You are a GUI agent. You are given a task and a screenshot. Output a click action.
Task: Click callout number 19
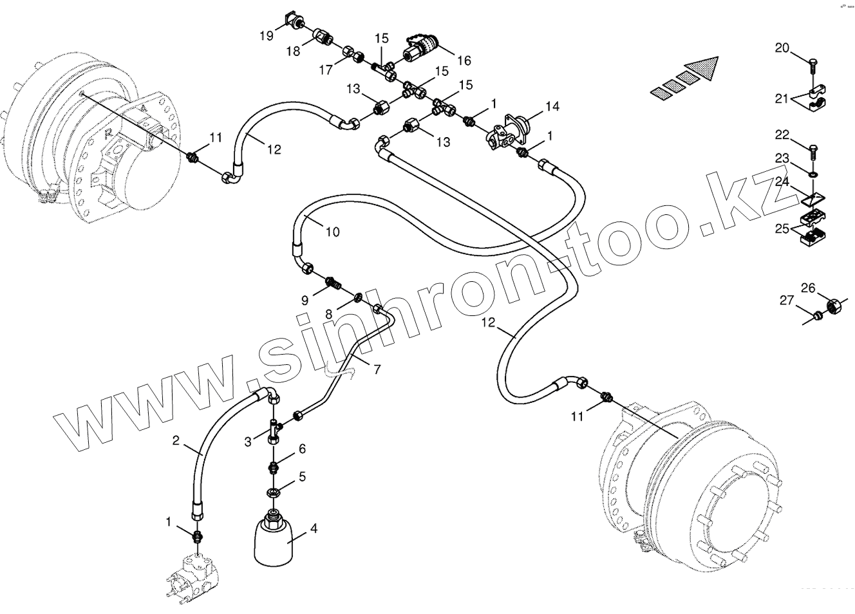(267, 36)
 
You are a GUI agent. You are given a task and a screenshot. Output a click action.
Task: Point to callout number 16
(464, 60)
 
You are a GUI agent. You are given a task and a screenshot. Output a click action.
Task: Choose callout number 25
(782, 228)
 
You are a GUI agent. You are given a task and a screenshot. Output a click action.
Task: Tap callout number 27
(787, 300)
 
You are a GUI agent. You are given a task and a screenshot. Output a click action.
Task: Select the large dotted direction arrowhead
(706, 70)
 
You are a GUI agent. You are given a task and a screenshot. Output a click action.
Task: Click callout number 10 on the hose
(332, 232)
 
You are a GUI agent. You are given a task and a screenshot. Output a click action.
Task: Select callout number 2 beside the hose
(175, 441)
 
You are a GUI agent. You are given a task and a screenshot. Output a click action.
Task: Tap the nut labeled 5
(272, 493)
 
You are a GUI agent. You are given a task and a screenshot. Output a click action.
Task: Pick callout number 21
(781, 98)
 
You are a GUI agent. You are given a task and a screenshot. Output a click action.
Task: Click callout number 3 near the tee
(248, 442)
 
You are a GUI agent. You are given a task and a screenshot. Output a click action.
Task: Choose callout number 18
(294, 51)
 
